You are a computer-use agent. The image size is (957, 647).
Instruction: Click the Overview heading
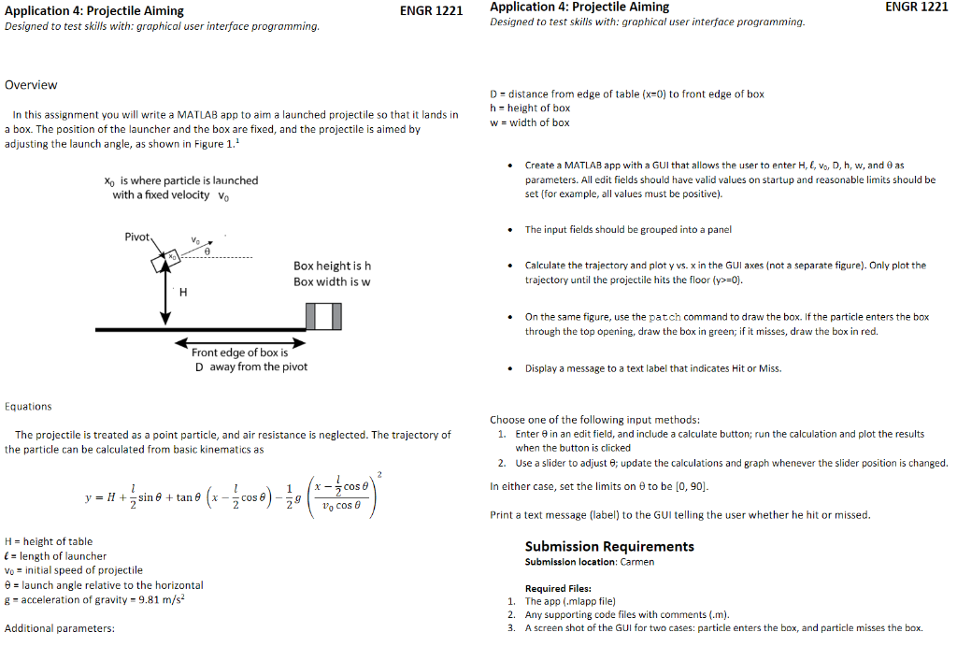(x=31, y=85)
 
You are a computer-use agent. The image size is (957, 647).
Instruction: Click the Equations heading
(x=28, y=407)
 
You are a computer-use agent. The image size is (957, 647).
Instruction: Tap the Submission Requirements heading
(x=609, y=546)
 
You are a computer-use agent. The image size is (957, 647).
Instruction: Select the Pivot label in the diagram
(x=137, y=237)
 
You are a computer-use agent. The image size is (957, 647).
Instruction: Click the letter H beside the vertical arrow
(x=183, y=294)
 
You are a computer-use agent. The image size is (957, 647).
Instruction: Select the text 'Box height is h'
(x=332, y=266)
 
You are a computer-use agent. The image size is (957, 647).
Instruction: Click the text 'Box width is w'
(x=332, y=281)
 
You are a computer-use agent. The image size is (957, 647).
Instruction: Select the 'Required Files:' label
(x=558, y=588)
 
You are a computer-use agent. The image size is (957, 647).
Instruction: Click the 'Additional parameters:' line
(x=60, y=628)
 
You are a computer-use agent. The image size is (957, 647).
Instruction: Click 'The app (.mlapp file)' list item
(x=570, y=601)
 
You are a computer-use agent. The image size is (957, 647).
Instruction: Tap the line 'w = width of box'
(x=529, y=122)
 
